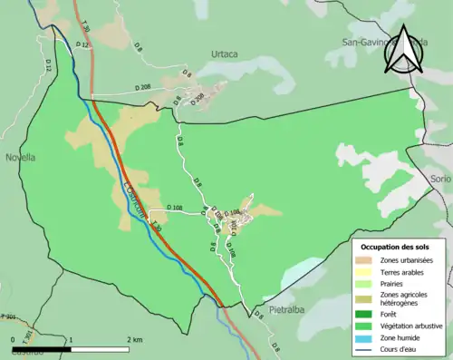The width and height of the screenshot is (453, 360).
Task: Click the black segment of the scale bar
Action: click(41, 349)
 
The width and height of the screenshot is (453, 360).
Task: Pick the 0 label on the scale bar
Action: click(13, 340)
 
